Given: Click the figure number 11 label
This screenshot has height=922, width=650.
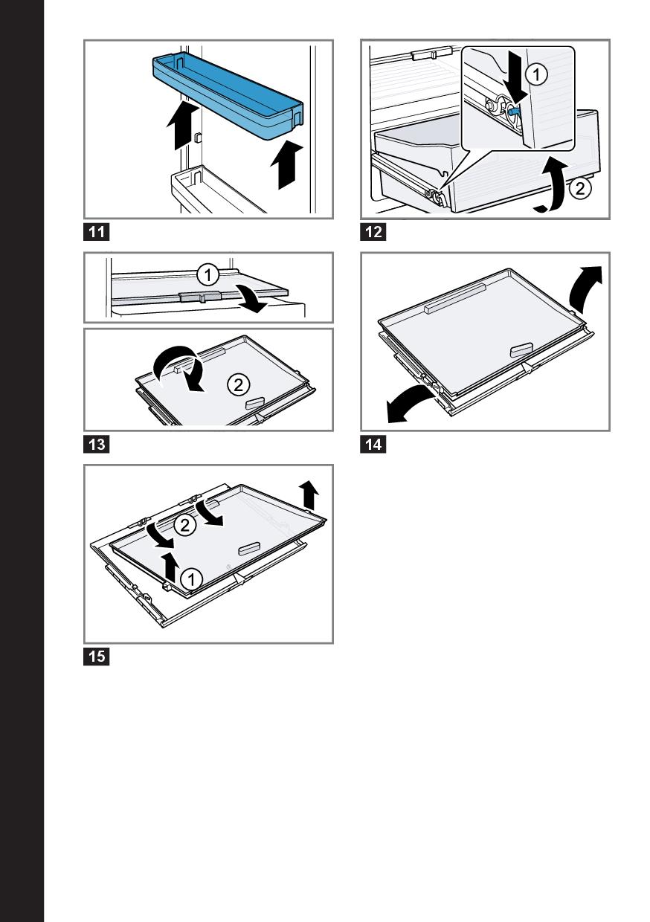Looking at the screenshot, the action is (x=97, y=232).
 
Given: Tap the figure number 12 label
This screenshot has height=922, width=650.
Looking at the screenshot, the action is (x=373, y=232).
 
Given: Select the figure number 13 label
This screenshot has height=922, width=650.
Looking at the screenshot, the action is (x=97, y=445).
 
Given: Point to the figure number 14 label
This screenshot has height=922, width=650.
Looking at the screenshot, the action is (x=373, y=445).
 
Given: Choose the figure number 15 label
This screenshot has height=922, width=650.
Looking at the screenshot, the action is (x=97, y=656).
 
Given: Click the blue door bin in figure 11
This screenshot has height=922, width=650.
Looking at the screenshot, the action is (x=228, y=97).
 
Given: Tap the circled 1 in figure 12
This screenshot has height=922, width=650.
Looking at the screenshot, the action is (x=537, y=75).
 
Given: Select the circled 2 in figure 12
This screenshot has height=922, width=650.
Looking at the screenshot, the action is (x=580, y=189).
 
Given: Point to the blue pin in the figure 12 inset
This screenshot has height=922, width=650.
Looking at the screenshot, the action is (x=514, y=110).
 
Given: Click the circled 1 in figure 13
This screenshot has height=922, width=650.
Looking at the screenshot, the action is (x=207, y=275).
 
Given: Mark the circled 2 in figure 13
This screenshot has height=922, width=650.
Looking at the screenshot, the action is (x=238, y=385).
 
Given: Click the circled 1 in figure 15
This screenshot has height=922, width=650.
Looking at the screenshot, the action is (x=191, y=580).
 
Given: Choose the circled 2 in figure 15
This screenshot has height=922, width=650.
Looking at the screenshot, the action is (x=184, y=525).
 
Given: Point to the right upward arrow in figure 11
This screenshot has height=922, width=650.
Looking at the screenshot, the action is (x=287, y=164).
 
